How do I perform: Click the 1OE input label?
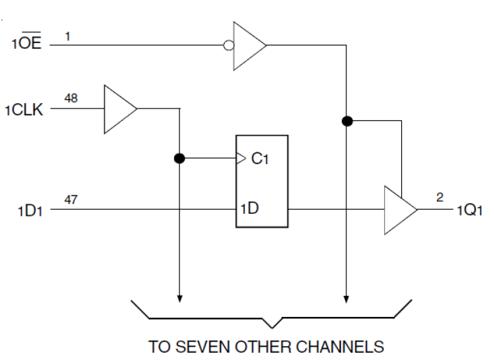click(26, 45)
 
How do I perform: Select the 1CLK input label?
click(24, 110)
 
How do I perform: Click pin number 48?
click(71, 98)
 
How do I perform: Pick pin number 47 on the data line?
click(71, 199)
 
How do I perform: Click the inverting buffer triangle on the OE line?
click(249, 45)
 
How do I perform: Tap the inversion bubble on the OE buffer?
click(228, 45)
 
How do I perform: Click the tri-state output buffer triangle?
click(400, 210)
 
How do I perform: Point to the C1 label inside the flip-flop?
click(260, 159)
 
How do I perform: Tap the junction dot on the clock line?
click(179, 159)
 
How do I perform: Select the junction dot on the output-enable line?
click(346, 121)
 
